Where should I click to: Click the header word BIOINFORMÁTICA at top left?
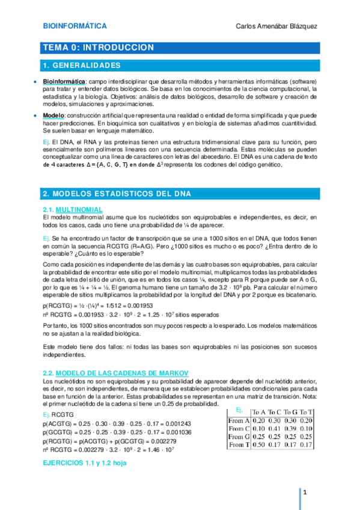click(75, 26)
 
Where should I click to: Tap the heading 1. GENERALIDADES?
click(81, 65)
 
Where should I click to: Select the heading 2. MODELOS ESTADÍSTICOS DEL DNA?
click(117, 193)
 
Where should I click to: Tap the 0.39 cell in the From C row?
click(291, 429)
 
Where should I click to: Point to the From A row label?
click(239, 420)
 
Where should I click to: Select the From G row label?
click(239, 437)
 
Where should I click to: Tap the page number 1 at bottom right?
click(306, 493)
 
